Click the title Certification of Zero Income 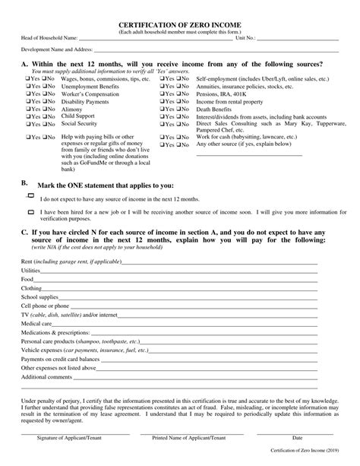(x=180, y=24)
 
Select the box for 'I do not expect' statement (x=31, y=197)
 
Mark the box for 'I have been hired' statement (x=31, y=214)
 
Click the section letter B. (x=24, y=183)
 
